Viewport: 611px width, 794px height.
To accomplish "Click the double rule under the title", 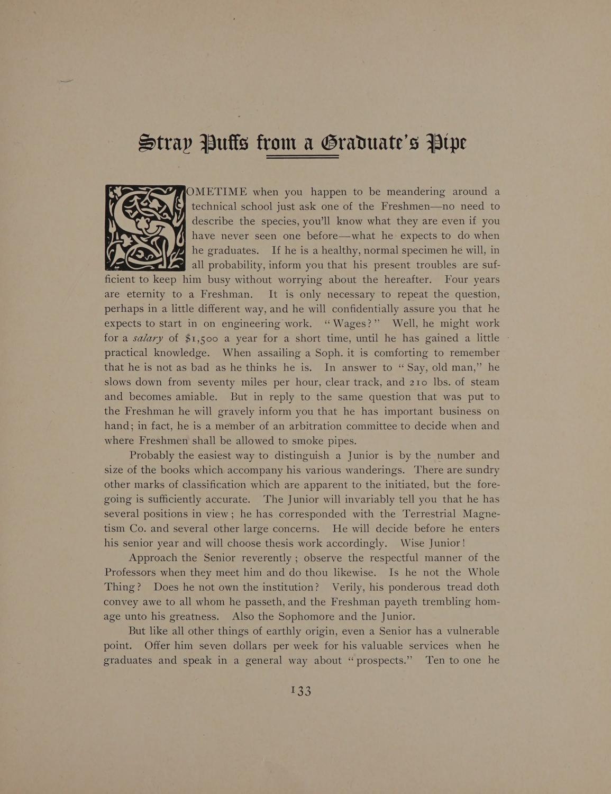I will point(303,157).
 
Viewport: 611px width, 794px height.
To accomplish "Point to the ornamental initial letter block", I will point(144,227).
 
